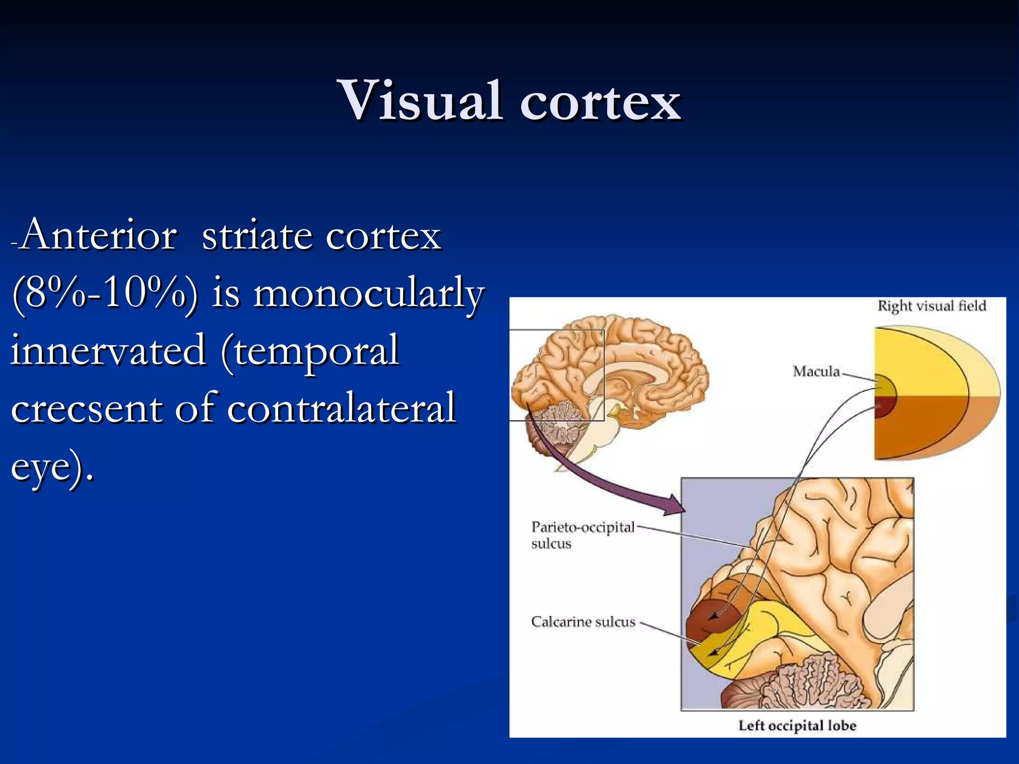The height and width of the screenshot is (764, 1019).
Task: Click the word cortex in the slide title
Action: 600,102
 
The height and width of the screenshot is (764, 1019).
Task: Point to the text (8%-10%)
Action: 104,293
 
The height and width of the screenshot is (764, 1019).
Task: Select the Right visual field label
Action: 931,306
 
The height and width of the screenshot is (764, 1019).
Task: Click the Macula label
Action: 816,372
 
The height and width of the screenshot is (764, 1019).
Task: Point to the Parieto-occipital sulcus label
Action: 583,535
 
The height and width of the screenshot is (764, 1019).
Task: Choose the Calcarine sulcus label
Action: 583,622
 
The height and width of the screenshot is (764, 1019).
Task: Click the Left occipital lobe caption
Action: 797,726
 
